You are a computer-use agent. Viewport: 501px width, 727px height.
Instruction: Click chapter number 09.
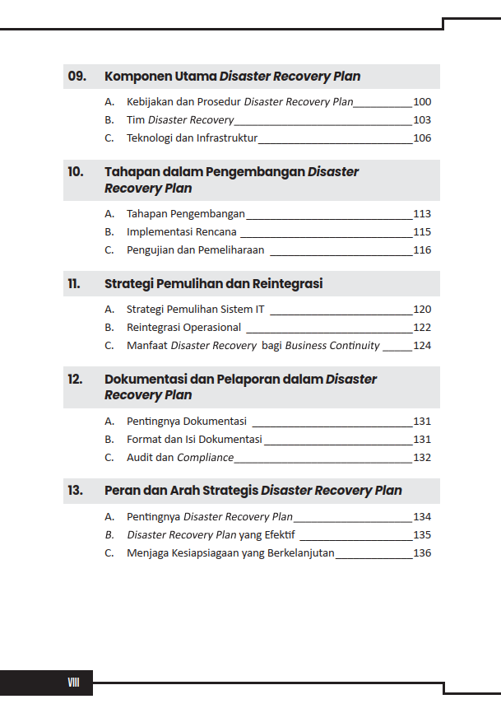tap(77, 77)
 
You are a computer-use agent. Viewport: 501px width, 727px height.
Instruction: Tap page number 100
tap(422, 102)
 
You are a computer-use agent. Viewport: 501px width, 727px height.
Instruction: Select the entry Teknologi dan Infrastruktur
tap(193, 138)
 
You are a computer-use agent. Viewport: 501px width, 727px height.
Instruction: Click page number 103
tap(422, 120)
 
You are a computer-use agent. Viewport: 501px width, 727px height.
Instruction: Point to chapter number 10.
tap(76, 172)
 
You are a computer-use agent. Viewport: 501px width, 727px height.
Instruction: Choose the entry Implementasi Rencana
tap(182, 232)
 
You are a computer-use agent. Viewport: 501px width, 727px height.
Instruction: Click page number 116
tap(422, 250)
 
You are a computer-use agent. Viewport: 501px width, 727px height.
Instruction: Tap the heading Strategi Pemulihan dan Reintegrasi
tap(213, 284)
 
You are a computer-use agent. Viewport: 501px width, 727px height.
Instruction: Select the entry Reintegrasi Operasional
tap(183, 328)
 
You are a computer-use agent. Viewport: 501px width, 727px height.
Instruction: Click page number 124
tap(422, 346)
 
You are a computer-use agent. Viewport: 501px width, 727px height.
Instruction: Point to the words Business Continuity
tap(332, 346)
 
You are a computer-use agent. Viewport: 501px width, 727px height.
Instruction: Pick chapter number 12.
tap(76, 380)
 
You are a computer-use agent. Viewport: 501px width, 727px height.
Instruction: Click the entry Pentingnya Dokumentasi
tap(187, 422)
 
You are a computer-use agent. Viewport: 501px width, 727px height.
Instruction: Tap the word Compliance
tap(205, 458)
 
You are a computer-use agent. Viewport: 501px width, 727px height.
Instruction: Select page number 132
tap(422, 458)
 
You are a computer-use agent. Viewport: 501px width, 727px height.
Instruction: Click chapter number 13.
tap(76, 491)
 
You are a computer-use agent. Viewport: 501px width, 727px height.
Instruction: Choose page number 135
tap(422, 535)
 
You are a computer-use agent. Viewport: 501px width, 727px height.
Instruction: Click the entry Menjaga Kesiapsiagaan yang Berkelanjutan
tap(230, 553)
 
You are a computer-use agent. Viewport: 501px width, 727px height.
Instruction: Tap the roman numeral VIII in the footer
tap(73, 683)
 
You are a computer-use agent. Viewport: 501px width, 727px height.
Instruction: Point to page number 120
tap(422, 310)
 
